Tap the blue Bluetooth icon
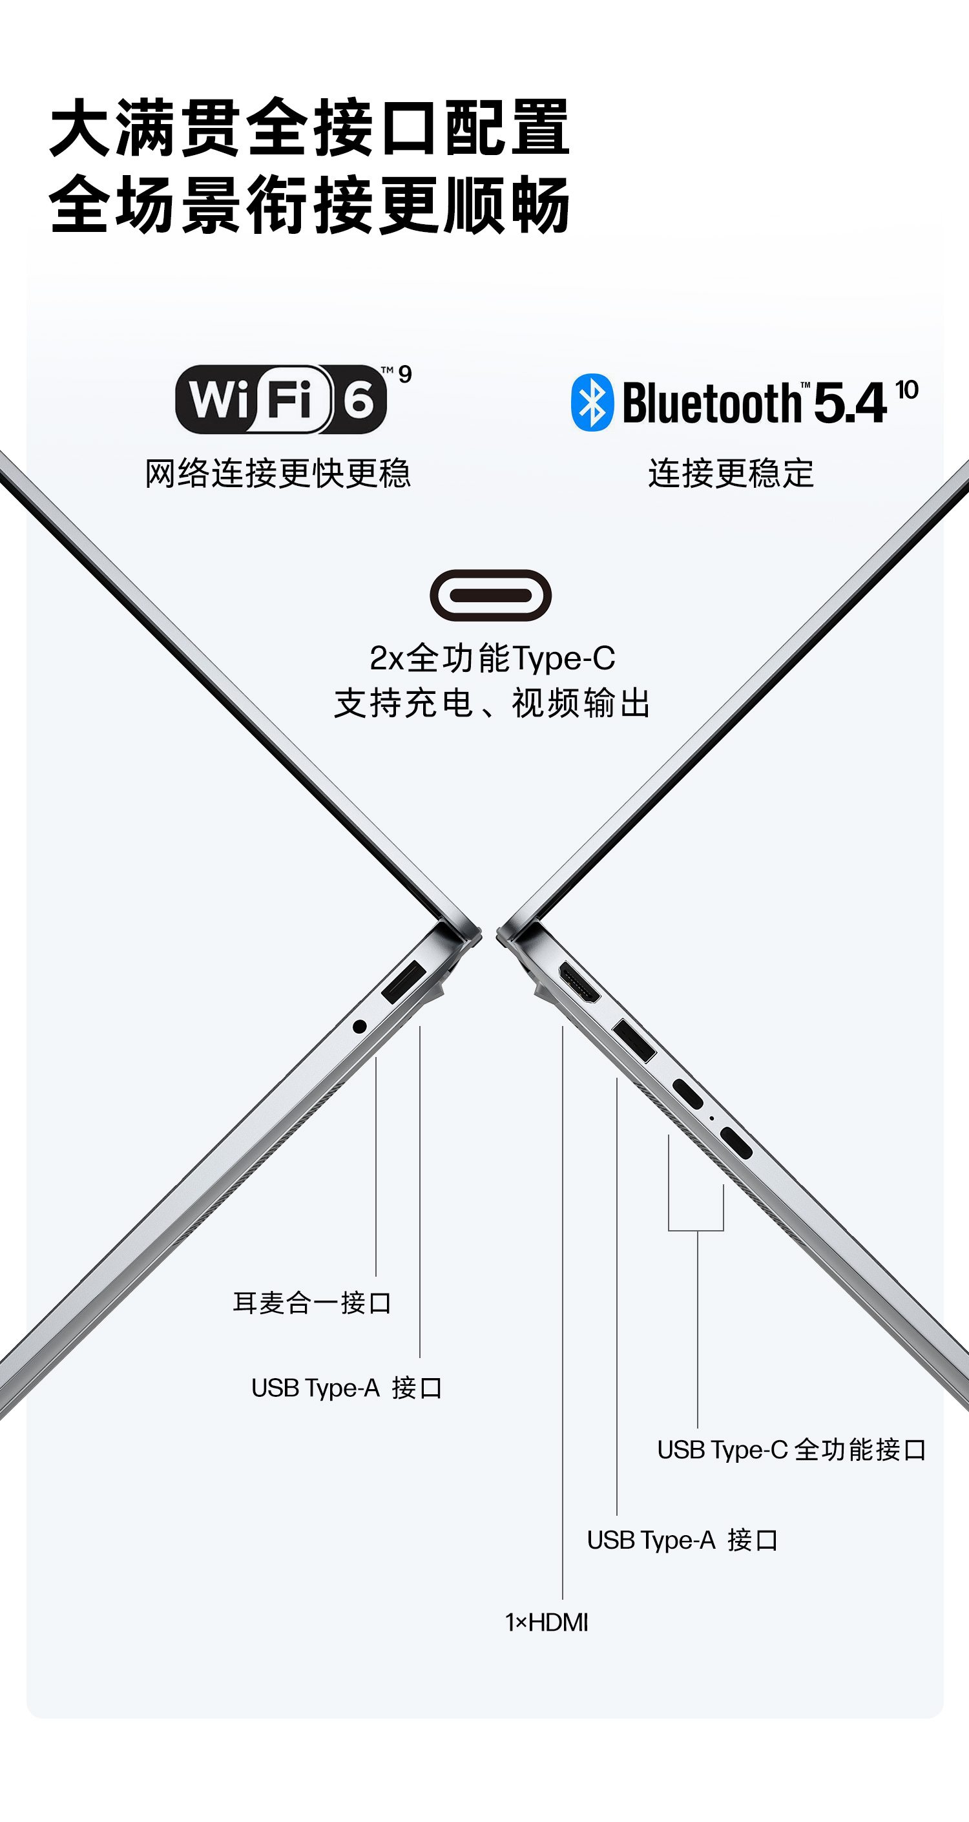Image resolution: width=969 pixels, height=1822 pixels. (x=592, y=403)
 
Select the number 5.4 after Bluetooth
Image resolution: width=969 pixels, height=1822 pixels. (x=849, y=403)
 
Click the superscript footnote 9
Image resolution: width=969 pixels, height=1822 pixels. (x=404, y=373)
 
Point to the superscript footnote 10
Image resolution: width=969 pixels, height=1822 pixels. (x=906, y=390)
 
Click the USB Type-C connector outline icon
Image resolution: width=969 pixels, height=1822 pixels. (x=490, y=595)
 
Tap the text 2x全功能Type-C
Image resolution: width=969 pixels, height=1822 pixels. (x=492, y=658)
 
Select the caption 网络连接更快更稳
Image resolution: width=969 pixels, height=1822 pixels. (x=277, y=473)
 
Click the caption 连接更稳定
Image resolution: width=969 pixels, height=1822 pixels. (x=731, y=473)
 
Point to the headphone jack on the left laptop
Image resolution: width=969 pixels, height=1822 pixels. (x=359, y=1026)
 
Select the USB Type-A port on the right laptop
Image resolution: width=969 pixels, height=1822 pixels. (x=634, y=1040)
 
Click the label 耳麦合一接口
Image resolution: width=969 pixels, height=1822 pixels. (x=312, y=1302)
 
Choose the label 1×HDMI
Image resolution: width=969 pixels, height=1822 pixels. (x=546, y=1622)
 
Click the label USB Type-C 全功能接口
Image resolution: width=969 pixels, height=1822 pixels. (x=791, y=1449)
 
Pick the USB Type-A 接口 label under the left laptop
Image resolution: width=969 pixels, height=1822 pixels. (x=346, y=1388)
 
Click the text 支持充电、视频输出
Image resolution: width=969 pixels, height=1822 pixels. (x=492, y=703)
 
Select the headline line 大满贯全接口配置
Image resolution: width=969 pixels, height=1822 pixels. (x=310, y=127)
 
